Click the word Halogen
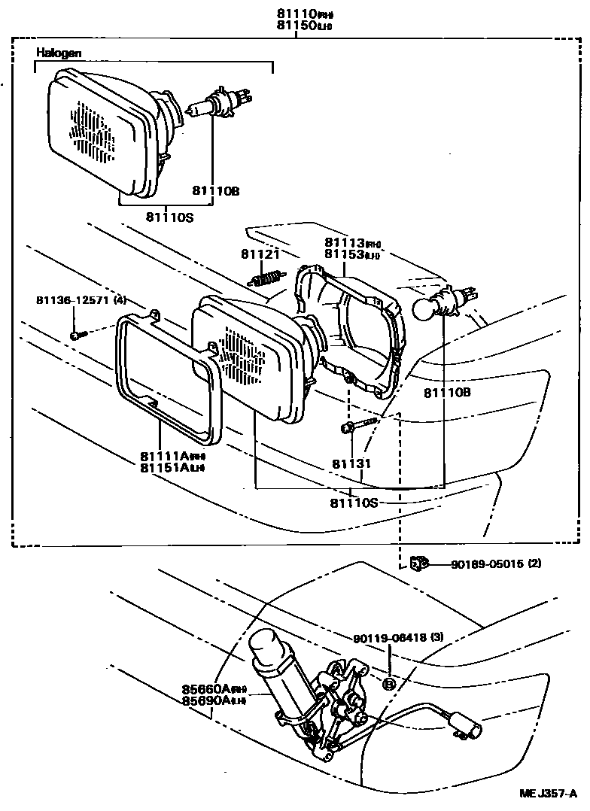[59, 53]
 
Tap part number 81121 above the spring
[260, 254]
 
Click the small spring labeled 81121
[265, 280]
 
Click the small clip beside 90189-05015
[418, 562]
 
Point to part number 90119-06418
[390, 637]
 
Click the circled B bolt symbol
[389, 683]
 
